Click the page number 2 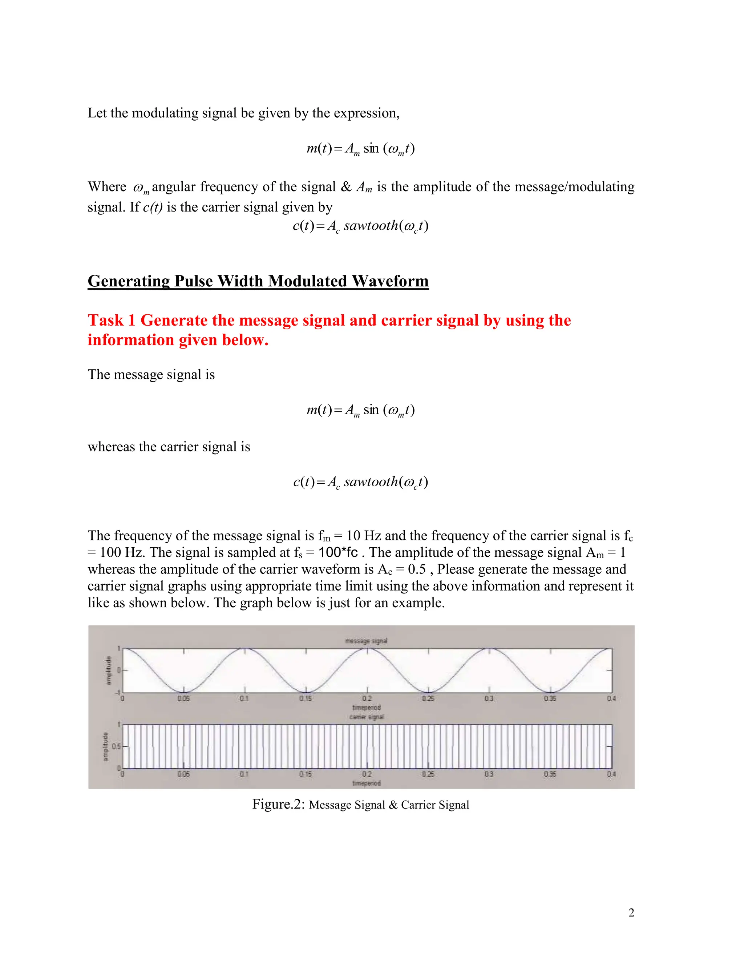(631, 913)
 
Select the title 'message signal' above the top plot (366, 641)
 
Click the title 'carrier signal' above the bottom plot (366, 717)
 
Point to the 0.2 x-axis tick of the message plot (367, 698)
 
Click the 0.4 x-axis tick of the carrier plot (611, 774)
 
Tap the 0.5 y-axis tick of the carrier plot (116, 746)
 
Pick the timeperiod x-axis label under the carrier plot (366, 783)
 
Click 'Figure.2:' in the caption (278, 804)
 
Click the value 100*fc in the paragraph (338, 552)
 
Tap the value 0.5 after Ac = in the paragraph (417, 569)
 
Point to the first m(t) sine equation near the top (360, 149)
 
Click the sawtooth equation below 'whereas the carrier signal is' (360, 482)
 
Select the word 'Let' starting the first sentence (97, 113)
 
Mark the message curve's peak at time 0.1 (244, 649)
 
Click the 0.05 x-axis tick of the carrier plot (183, 774)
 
